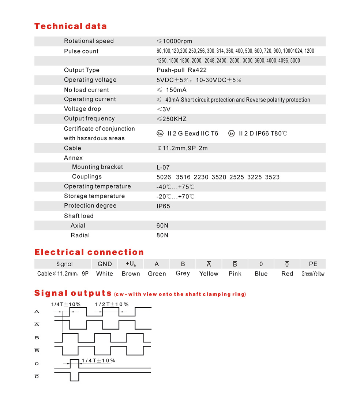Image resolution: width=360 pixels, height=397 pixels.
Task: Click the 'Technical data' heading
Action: pos(70,26)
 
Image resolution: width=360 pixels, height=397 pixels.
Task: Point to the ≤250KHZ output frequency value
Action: pos(172,119)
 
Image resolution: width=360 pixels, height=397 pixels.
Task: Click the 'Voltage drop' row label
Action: pos(82,109)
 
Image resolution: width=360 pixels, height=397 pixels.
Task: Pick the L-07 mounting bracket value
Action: pos(163,167)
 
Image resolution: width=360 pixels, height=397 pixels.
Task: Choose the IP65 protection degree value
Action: pos(163,206)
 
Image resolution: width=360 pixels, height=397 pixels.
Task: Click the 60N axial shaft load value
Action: pos(162,226)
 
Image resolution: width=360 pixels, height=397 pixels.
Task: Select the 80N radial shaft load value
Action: pos(162,235)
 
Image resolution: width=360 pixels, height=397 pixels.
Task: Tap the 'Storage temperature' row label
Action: pos(94,196)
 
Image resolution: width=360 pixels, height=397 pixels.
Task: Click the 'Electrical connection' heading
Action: pos(89,252)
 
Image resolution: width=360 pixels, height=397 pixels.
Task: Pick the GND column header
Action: pos(105,264)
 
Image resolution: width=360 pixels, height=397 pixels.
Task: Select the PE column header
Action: pos(313,264)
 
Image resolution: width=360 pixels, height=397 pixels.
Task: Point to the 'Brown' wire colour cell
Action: pos(131,274)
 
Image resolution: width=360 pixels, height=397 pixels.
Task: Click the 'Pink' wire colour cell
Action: pos(235,274)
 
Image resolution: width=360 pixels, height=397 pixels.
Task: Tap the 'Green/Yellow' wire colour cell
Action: pos(313,274)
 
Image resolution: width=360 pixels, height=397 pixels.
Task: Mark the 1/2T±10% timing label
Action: pos(112,304)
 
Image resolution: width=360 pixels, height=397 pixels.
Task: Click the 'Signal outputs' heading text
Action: pos(73,293)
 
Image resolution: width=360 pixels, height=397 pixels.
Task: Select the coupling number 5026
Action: pos(164,177)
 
